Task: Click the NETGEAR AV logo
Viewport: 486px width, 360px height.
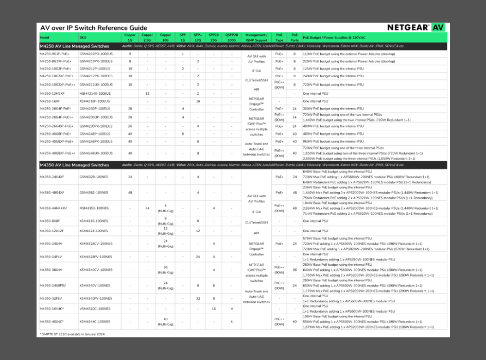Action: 415,27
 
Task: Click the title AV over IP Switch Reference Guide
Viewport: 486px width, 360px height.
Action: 93,28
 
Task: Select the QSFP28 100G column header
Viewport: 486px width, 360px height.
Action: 231,37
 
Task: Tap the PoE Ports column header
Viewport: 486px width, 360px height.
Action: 294,37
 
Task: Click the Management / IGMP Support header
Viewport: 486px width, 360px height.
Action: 256,37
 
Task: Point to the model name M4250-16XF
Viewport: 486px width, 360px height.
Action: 50,101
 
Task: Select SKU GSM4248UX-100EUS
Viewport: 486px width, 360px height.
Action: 96,153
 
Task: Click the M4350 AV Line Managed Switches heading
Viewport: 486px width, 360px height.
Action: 74,165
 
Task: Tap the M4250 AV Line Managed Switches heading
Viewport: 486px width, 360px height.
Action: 74,46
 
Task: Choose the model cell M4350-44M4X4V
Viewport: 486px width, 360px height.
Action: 53,208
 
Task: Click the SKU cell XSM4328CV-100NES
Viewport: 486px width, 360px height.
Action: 96,244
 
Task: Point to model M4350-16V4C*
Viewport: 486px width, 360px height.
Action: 52,308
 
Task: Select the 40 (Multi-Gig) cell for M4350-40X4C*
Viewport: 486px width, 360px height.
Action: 165,321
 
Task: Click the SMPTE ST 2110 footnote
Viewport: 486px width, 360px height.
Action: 73,334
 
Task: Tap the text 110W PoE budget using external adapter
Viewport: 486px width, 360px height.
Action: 349,54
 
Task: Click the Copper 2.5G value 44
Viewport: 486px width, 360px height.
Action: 147,208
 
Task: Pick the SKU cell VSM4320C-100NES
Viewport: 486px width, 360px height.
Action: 95,308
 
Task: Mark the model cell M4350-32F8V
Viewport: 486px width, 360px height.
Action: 51,298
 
